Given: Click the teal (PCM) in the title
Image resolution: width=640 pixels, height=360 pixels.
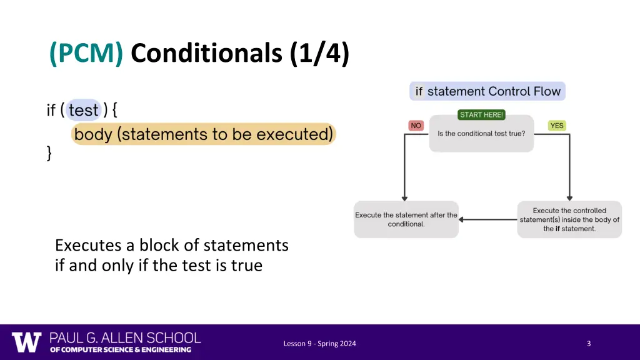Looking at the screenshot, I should (86, 54).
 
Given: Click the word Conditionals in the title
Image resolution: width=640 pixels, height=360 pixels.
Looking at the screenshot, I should (207, 54).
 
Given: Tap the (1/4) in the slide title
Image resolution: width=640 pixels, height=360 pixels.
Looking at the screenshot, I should (319, 54).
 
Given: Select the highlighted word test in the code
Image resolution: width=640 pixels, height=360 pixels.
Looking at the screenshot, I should (84, 111).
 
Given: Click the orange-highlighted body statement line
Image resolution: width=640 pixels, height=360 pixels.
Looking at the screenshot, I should (203, 134).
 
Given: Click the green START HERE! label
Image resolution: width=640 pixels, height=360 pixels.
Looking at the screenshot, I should (481, 115).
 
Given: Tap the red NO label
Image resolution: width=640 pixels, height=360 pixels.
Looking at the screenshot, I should (416, 126).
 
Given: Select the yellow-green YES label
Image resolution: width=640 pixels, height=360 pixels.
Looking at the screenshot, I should (556, 126).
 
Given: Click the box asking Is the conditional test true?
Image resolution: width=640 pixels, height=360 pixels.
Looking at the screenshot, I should (481, 134).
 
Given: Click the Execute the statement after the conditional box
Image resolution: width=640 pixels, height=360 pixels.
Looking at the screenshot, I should (406, 219).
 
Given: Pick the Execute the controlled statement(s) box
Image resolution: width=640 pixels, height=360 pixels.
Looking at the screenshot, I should (569, 219).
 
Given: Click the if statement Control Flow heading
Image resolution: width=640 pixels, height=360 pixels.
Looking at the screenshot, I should (487, 91).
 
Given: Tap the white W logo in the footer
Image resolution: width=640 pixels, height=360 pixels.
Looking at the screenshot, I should (26, 342).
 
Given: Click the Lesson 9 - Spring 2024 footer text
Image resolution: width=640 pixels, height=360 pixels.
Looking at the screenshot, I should (319, 343).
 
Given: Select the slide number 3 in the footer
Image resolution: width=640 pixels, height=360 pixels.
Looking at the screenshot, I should (589, 343).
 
